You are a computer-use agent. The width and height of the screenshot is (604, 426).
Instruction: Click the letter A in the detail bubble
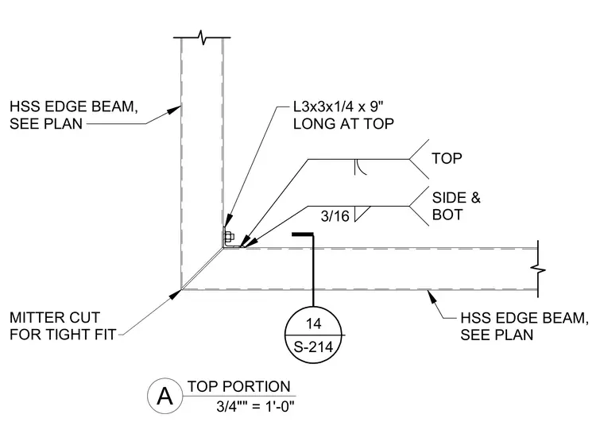pos(165,396)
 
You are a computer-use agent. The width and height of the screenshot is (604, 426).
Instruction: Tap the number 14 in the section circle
pos(313,323)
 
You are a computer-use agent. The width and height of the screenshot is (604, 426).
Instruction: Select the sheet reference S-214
pos(313,347)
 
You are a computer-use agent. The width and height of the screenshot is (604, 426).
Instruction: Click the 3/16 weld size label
pos(335,216)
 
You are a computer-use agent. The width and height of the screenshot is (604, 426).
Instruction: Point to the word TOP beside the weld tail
pos(447,158)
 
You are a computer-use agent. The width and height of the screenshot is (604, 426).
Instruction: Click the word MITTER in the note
pos(54,318)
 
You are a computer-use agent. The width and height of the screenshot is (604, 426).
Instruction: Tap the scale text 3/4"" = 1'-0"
pos(255,406)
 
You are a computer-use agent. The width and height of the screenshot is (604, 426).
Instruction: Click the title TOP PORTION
pos(239,387)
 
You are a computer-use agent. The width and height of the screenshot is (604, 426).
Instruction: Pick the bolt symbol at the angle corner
pos(228,237)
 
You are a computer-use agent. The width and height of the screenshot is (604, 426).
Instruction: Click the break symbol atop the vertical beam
pos(202,37)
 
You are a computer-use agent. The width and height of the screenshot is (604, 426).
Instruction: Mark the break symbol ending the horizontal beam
pos(538,269)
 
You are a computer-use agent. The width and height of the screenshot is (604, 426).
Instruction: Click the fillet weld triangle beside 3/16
pos(362,214)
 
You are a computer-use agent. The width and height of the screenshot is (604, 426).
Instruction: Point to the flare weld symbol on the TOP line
pos(359,167)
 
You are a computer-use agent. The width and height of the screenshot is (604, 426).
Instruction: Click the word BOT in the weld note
pos(447,215)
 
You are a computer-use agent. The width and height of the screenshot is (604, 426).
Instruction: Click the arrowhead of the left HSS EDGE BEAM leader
pos(175,110)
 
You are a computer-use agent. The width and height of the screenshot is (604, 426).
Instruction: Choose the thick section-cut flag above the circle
pos(303,234)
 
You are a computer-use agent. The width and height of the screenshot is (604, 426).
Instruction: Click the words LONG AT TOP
pos(343,124)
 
